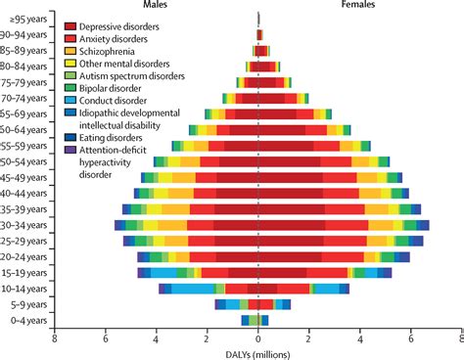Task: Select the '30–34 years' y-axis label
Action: [x=24, y=225]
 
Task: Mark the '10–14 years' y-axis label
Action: [x=24, y=289]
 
